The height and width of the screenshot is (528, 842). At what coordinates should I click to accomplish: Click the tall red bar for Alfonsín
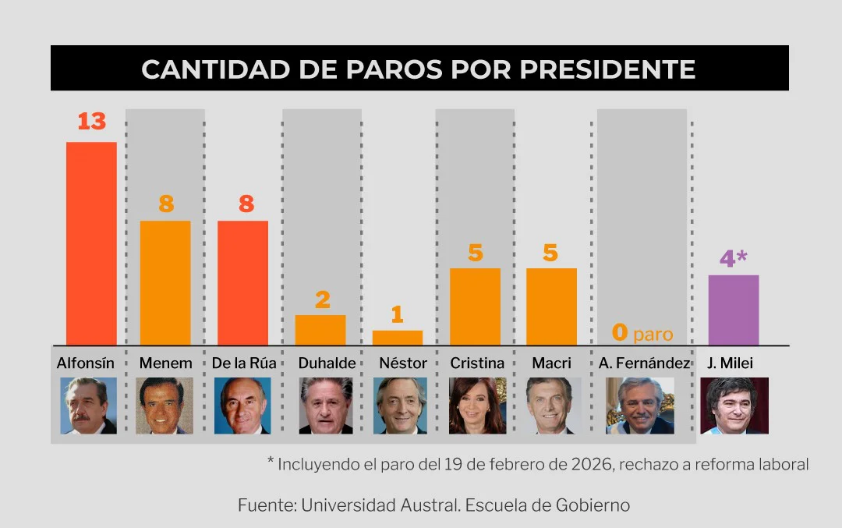point(91,243)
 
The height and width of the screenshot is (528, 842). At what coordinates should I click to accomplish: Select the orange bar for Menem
point(165,282)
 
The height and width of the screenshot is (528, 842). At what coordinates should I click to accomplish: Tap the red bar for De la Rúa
point(242,282)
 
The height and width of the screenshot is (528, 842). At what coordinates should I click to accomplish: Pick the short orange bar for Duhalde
point(320,329)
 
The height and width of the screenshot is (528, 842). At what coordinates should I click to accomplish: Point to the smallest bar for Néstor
point(398,337)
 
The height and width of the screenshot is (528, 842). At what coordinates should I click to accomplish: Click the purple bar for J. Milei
point(733,310)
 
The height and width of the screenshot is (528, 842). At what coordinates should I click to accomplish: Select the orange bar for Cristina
point(475,306)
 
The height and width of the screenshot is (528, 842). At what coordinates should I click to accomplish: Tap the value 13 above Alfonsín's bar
point(91,122)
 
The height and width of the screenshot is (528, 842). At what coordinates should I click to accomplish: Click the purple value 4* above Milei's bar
point(733,258)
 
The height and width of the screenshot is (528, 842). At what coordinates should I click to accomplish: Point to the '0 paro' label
point(642,334)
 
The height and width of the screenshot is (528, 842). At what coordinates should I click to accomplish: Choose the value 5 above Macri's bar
point(551,253)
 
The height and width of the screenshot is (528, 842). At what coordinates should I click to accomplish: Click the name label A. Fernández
point(644,363)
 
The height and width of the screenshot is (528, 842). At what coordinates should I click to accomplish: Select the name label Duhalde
point(327,363)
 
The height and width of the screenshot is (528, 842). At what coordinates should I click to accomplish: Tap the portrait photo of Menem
point(165,406)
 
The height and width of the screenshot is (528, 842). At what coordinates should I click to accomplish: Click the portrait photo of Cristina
point(477,406)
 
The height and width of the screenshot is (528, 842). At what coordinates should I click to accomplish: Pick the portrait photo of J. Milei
point(734,406)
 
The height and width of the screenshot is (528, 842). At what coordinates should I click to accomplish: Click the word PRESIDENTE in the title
point(607,69)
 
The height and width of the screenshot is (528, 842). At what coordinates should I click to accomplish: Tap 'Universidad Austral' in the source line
point(379,505)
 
